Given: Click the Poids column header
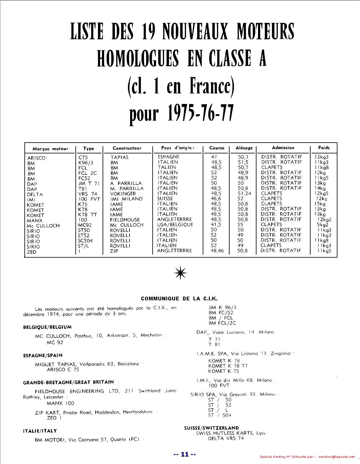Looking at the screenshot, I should coord(324,148).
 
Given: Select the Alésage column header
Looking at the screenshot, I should coord(244,148).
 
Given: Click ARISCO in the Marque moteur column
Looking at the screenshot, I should coord(36,158).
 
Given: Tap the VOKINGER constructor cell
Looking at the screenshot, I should coord(123,194).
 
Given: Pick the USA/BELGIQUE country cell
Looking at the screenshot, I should coord(175,225).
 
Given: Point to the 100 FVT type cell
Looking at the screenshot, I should coord(89,199).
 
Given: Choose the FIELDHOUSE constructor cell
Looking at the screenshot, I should coord(125,220).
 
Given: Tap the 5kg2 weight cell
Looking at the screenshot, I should coord(322,225).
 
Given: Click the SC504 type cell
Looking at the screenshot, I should coord(85,240).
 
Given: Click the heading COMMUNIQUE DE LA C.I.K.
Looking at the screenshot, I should coord(179,299).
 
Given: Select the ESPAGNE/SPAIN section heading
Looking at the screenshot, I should coord(43,355).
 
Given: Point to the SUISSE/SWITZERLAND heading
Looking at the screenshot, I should coord(211,428).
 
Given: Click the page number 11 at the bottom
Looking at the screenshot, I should coord(184,454).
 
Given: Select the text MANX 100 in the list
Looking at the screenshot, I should coord(60,403).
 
